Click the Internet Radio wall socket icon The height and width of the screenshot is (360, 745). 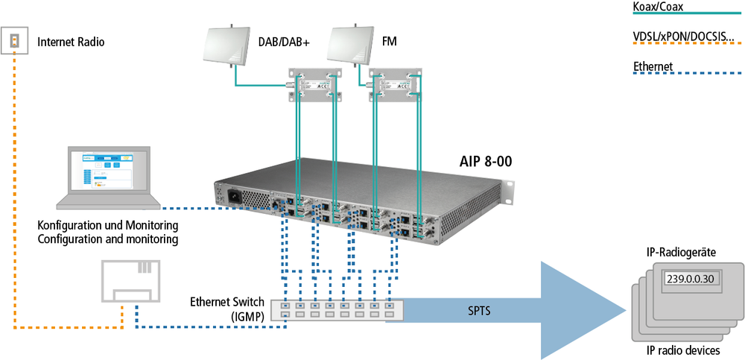point(15,42)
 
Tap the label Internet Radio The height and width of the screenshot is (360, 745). point(71,42)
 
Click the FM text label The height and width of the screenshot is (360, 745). point(389,42)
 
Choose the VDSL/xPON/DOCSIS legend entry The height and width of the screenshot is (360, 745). point(682,36)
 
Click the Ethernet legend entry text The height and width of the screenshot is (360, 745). point(653,67)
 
